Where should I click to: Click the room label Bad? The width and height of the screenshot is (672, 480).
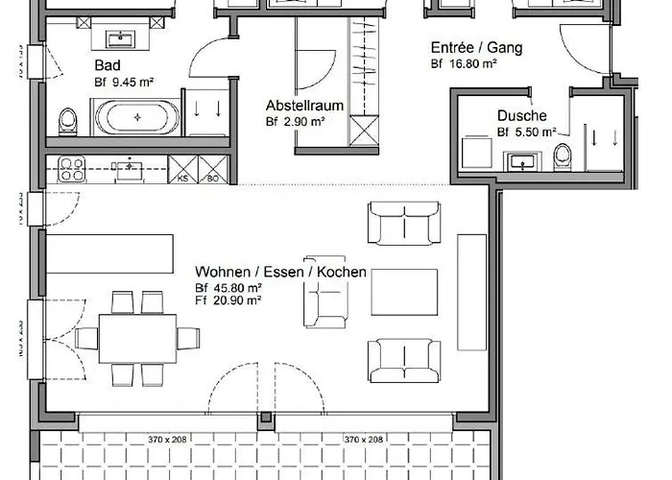click(x=107, y=65)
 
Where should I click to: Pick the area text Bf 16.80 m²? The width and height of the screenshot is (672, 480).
click(x=464, y=63)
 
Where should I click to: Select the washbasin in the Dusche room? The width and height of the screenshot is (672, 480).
click(x=522, y=159)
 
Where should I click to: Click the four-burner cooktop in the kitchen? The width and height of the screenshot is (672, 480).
click(x=73, y=169)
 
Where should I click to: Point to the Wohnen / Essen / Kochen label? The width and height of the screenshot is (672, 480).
click(x=280, y=272)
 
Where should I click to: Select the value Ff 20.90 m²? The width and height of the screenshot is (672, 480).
click(x=229, y=300)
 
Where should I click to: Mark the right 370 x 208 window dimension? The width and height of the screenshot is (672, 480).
click(x=363, y=440)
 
